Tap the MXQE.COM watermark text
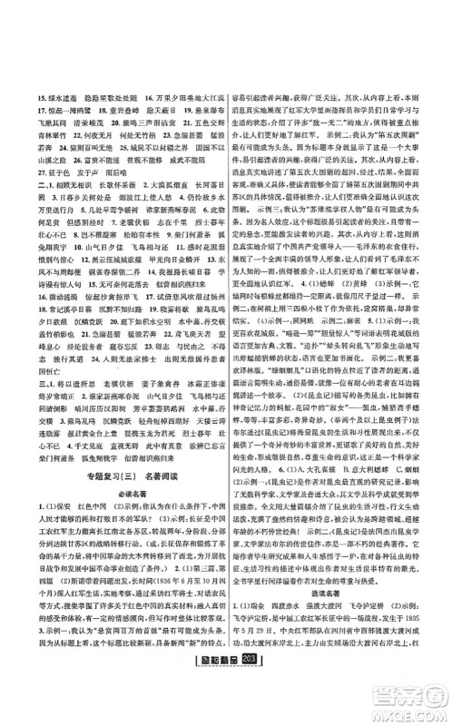[415, 707]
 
